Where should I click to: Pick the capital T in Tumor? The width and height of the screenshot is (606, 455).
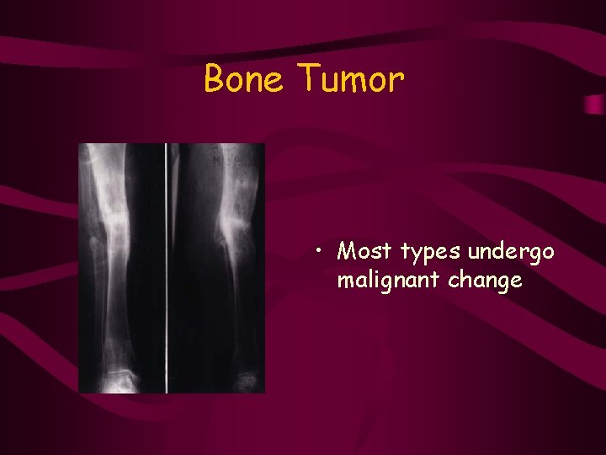308,80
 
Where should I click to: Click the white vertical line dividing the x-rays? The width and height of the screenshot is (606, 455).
166,268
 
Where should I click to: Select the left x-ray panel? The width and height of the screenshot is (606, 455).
121,268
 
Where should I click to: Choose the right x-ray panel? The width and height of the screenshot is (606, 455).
216,268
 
